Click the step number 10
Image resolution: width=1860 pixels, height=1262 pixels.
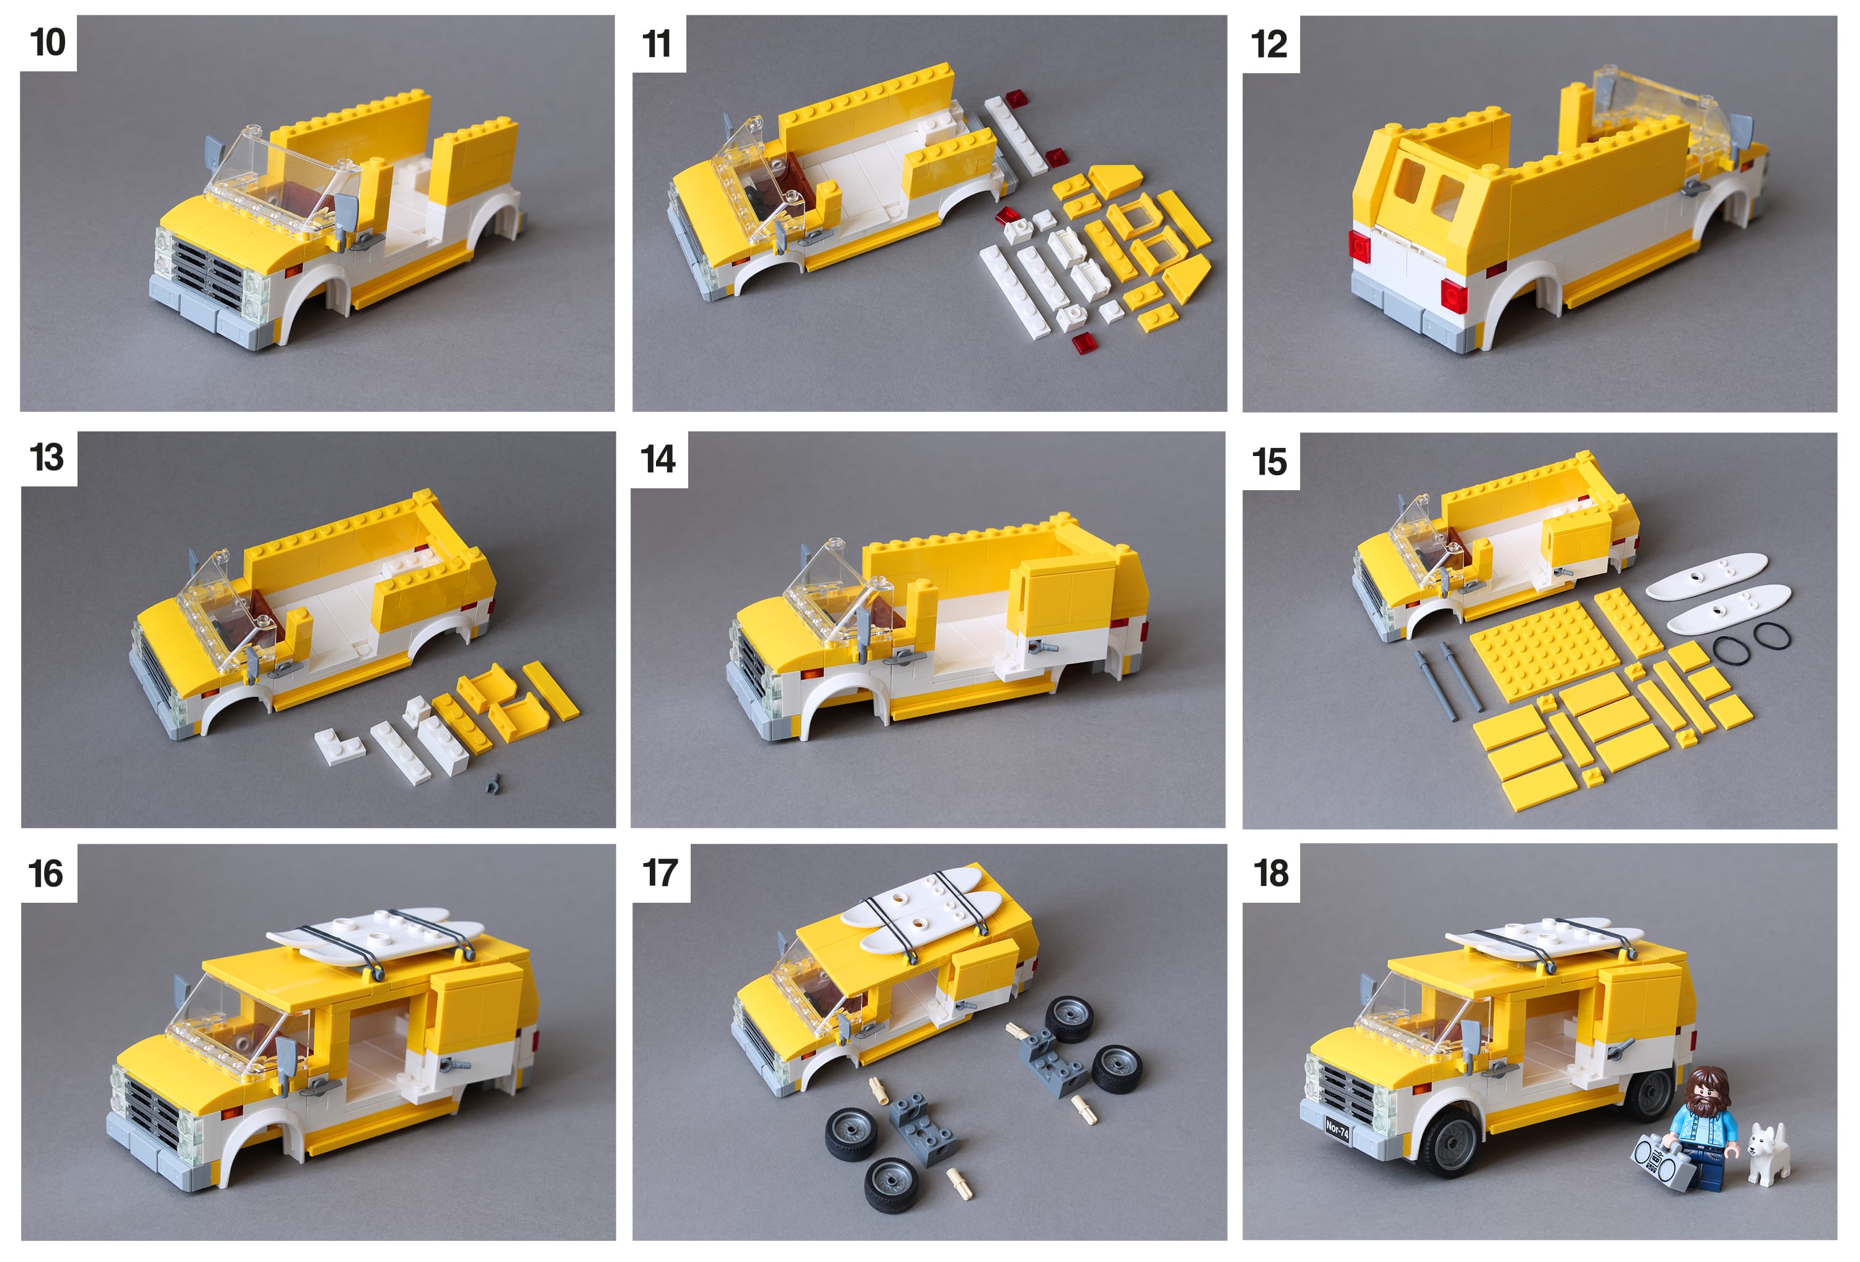[x=47, y=42]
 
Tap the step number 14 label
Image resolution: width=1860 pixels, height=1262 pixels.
[x=658, y=460]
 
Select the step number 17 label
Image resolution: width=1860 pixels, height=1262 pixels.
[x=660, y=873]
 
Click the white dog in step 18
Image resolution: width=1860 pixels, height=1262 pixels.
[x=1769, y=1154]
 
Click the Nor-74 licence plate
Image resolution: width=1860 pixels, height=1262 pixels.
[x=1337, y=1130]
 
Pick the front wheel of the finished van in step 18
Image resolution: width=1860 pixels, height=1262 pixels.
[x=1450, y=1141]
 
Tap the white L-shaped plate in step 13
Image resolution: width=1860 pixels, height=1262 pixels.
[x=339, y=746]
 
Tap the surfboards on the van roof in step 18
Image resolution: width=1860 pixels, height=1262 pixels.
[x=1544, y=940]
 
